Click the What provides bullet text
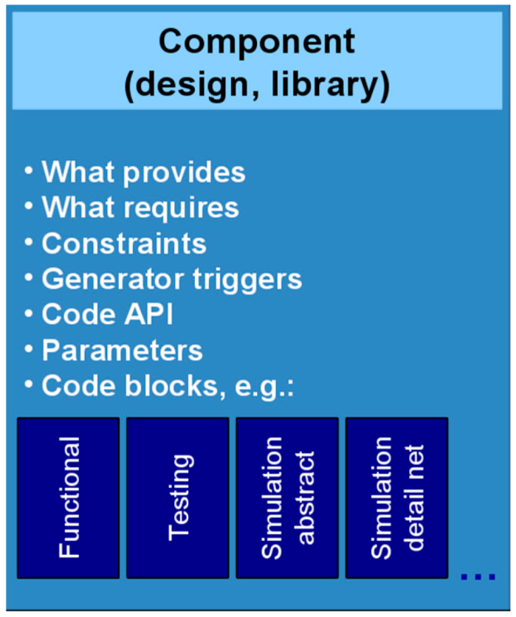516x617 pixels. coord(143,172)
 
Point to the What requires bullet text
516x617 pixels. coord(140,207)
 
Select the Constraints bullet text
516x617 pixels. coord(124,244)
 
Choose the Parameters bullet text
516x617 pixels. coord(122,350)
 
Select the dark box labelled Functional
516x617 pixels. coord(68,497)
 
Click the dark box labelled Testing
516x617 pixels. coord(177,497)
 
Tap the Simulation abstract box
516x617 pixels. coord(287,497)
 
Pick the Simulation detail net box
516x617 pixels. coord(396,497)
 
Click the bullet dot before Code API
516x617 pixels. coord(29,313)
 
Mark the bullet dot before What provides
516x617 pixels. coord(29,170)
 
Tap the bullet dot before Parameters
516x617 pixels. coord(29,348)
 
